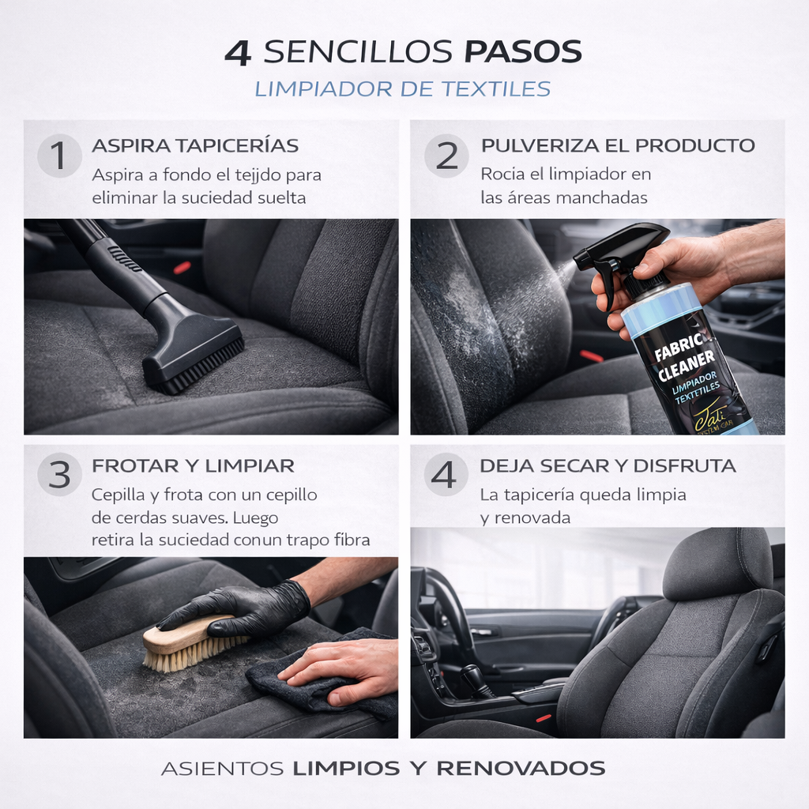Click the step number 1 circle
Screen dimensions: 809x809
click(59, 156)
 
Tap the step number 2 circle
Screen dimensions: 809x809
click(446, 156)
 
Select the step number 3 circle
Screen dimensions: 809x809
click(59, 475)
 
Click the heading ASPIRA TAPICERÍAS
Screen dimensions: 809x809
click(195, 145)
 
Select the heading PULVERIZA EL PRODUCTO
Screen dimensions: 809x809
click(618, 145)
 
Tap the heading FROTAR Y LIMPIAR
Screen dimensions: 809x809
click(193, 465)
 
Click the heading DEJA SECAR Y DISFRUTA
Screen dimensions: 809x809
click(608, 465)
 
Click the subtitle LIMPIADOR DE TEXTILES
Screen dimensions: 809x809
click(403, 88)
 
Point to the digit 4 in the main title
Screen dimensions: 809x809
click(239, 52)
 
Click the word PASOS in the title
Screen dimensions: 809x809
click(522, 52)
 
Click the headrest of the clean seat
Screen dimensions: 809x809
click(717, 563)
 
